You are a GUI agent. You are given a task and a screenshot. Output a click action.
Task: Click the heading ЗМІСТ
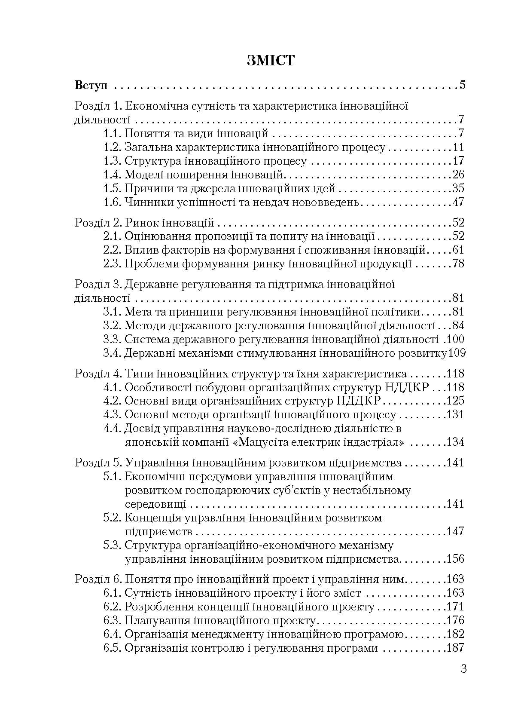[x=271, y=61]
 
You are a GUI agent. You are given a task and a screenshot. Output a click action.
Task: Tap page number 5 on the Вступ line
[x=462, y=85]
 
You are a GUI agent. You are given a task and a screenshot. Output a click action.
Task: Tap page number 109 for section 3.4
[x=457, y=353]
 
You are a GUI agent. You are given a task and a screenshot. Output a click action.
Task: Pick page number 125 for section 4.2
[x=455, y=401]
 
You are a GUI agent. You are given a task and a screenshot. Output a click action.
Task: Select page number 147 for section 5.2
[x=455, y=532]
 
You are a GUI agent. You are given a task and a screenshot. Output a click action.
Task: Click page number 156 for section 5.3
[x=455, y=559]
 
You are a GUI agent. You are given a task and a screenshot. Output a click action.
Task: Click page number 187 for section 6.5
[x=455, y=648]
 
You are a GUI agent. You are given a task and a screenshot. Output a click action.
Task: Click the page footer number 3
[x=463, y=669]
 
